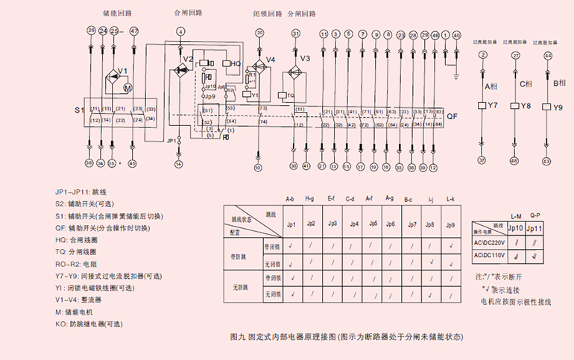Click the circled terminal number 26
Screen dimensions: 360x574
90,31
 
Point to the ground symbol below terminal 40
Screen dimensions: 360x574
456,74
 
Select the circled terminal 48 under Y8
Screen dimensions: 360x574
514,161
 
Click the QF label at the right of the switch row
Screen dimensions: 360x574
452,117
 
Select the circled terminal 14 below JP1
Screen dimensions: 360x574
178,162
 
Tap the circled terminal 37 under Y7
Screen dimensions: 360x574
482,161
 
